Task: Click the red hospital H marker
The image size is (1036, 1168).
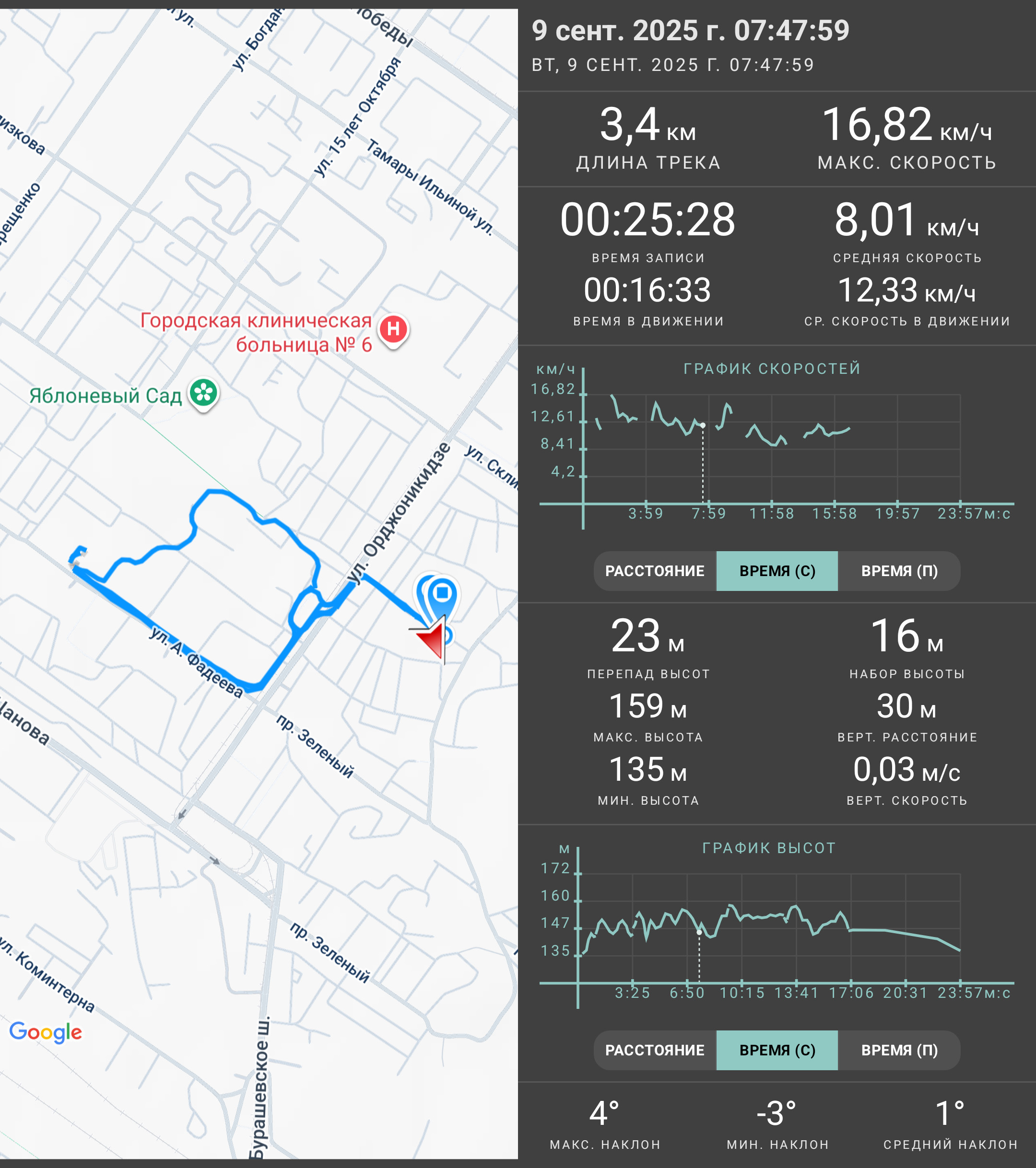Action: coord(393,330)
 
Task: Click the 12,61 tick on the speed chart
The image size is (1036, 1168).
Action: coord(553,416)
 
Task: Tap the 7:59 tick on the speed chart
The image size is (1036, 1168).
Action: coord(709,514)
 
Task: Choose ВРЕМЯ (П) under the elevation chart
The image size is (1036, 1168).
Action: coord(899,1050)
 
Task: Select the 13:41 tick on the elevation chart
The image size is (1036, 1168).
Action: coord(797,993)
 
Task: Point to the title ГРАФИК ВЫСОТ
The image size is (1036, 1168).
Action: coord(769,848)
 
